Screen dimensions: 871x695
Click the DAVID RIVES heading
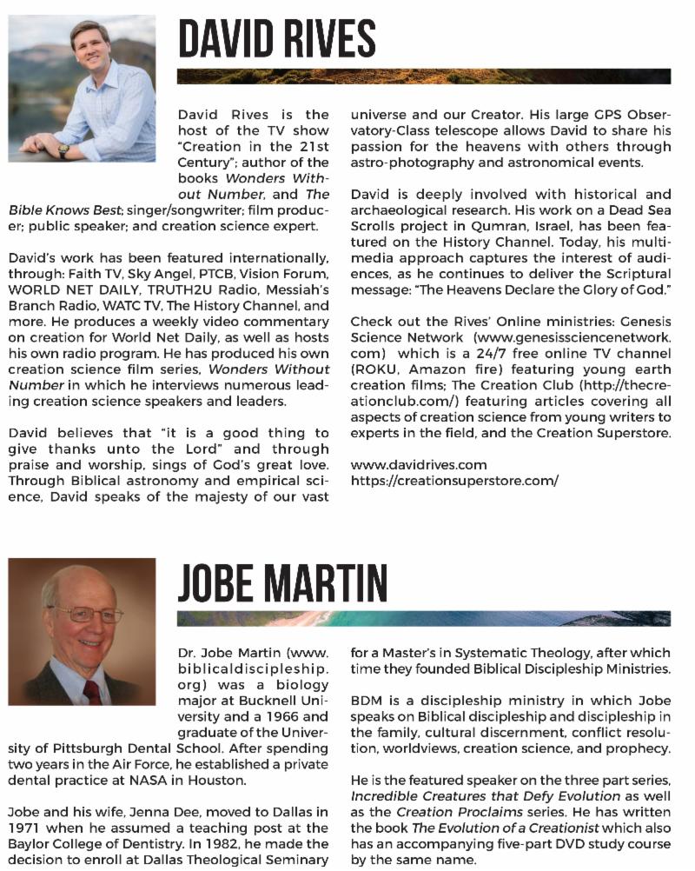276,40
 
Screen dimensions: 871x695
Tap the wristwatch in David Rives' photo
63,150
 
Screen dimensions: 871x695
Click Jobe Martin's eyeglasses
85,614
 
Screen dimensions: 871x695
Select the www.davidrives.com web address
419,465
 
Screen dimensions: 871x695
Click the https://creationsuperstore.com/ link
454,480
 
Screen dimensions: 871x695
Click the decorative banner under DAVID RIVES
424,76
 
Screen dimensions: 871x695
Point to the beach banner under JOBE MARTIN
424,619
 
